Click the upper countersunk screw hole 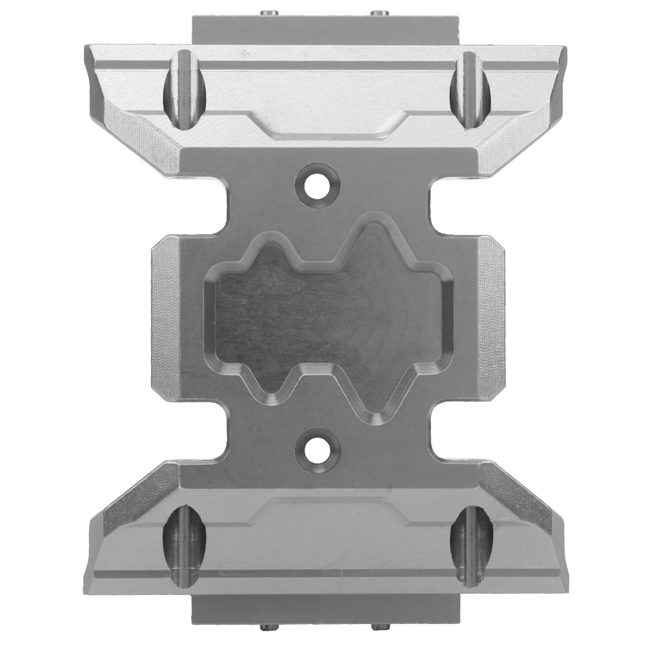(317, 183)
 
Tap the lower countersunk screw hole (317, 447)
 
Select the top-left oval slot (183, 90)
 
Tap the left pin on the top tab (267, 11)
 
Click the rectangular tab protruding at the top (323, 29)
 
